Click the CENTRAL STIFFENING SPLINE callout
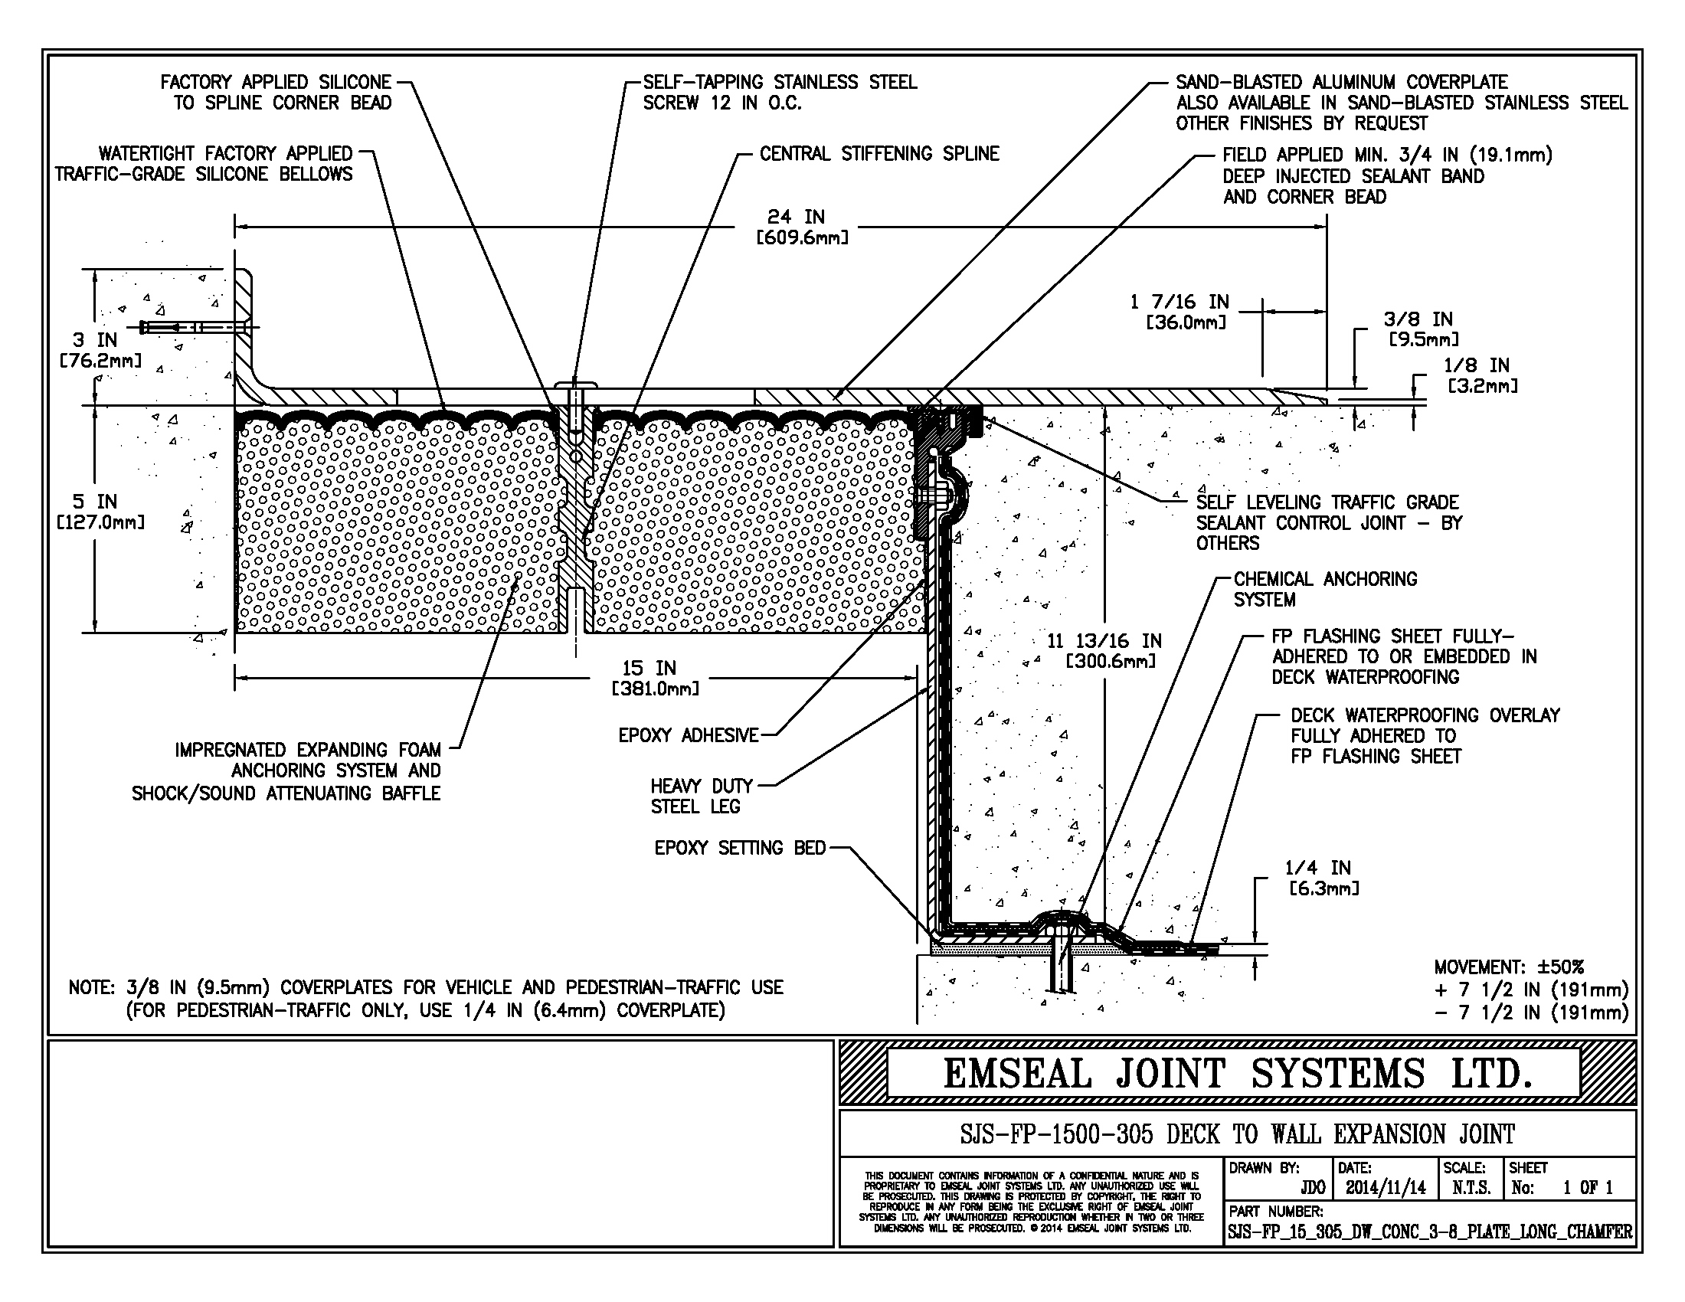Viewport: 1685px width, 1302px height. [x=878, y=154]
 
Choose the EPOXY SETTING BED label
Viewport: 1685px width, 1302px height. [x=739, y=849]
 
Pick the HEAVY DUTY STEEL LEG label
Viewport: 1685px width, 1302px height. [x=701, y=796]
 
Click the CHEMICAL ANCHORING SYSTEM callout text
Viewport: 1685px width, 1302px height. [x=1324, y=589]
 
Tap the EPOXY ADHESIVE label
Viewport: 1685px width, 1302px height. [x=689, y=736]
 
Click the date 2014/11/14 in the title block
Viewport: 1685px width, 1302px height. [x=1386, y=1188]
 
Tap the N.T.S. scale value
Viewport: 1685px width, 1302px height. [x=1471, y=1188]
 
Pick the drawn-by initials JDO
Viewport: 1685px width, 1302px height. [x=1313, y=1188]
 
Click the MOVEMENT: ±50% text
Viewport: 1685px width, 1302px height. [x=1508, y=967]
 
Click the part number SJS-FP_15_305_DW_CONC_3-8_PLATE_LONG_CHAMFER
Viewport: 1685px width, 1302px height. [x=1430, y=1232]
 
